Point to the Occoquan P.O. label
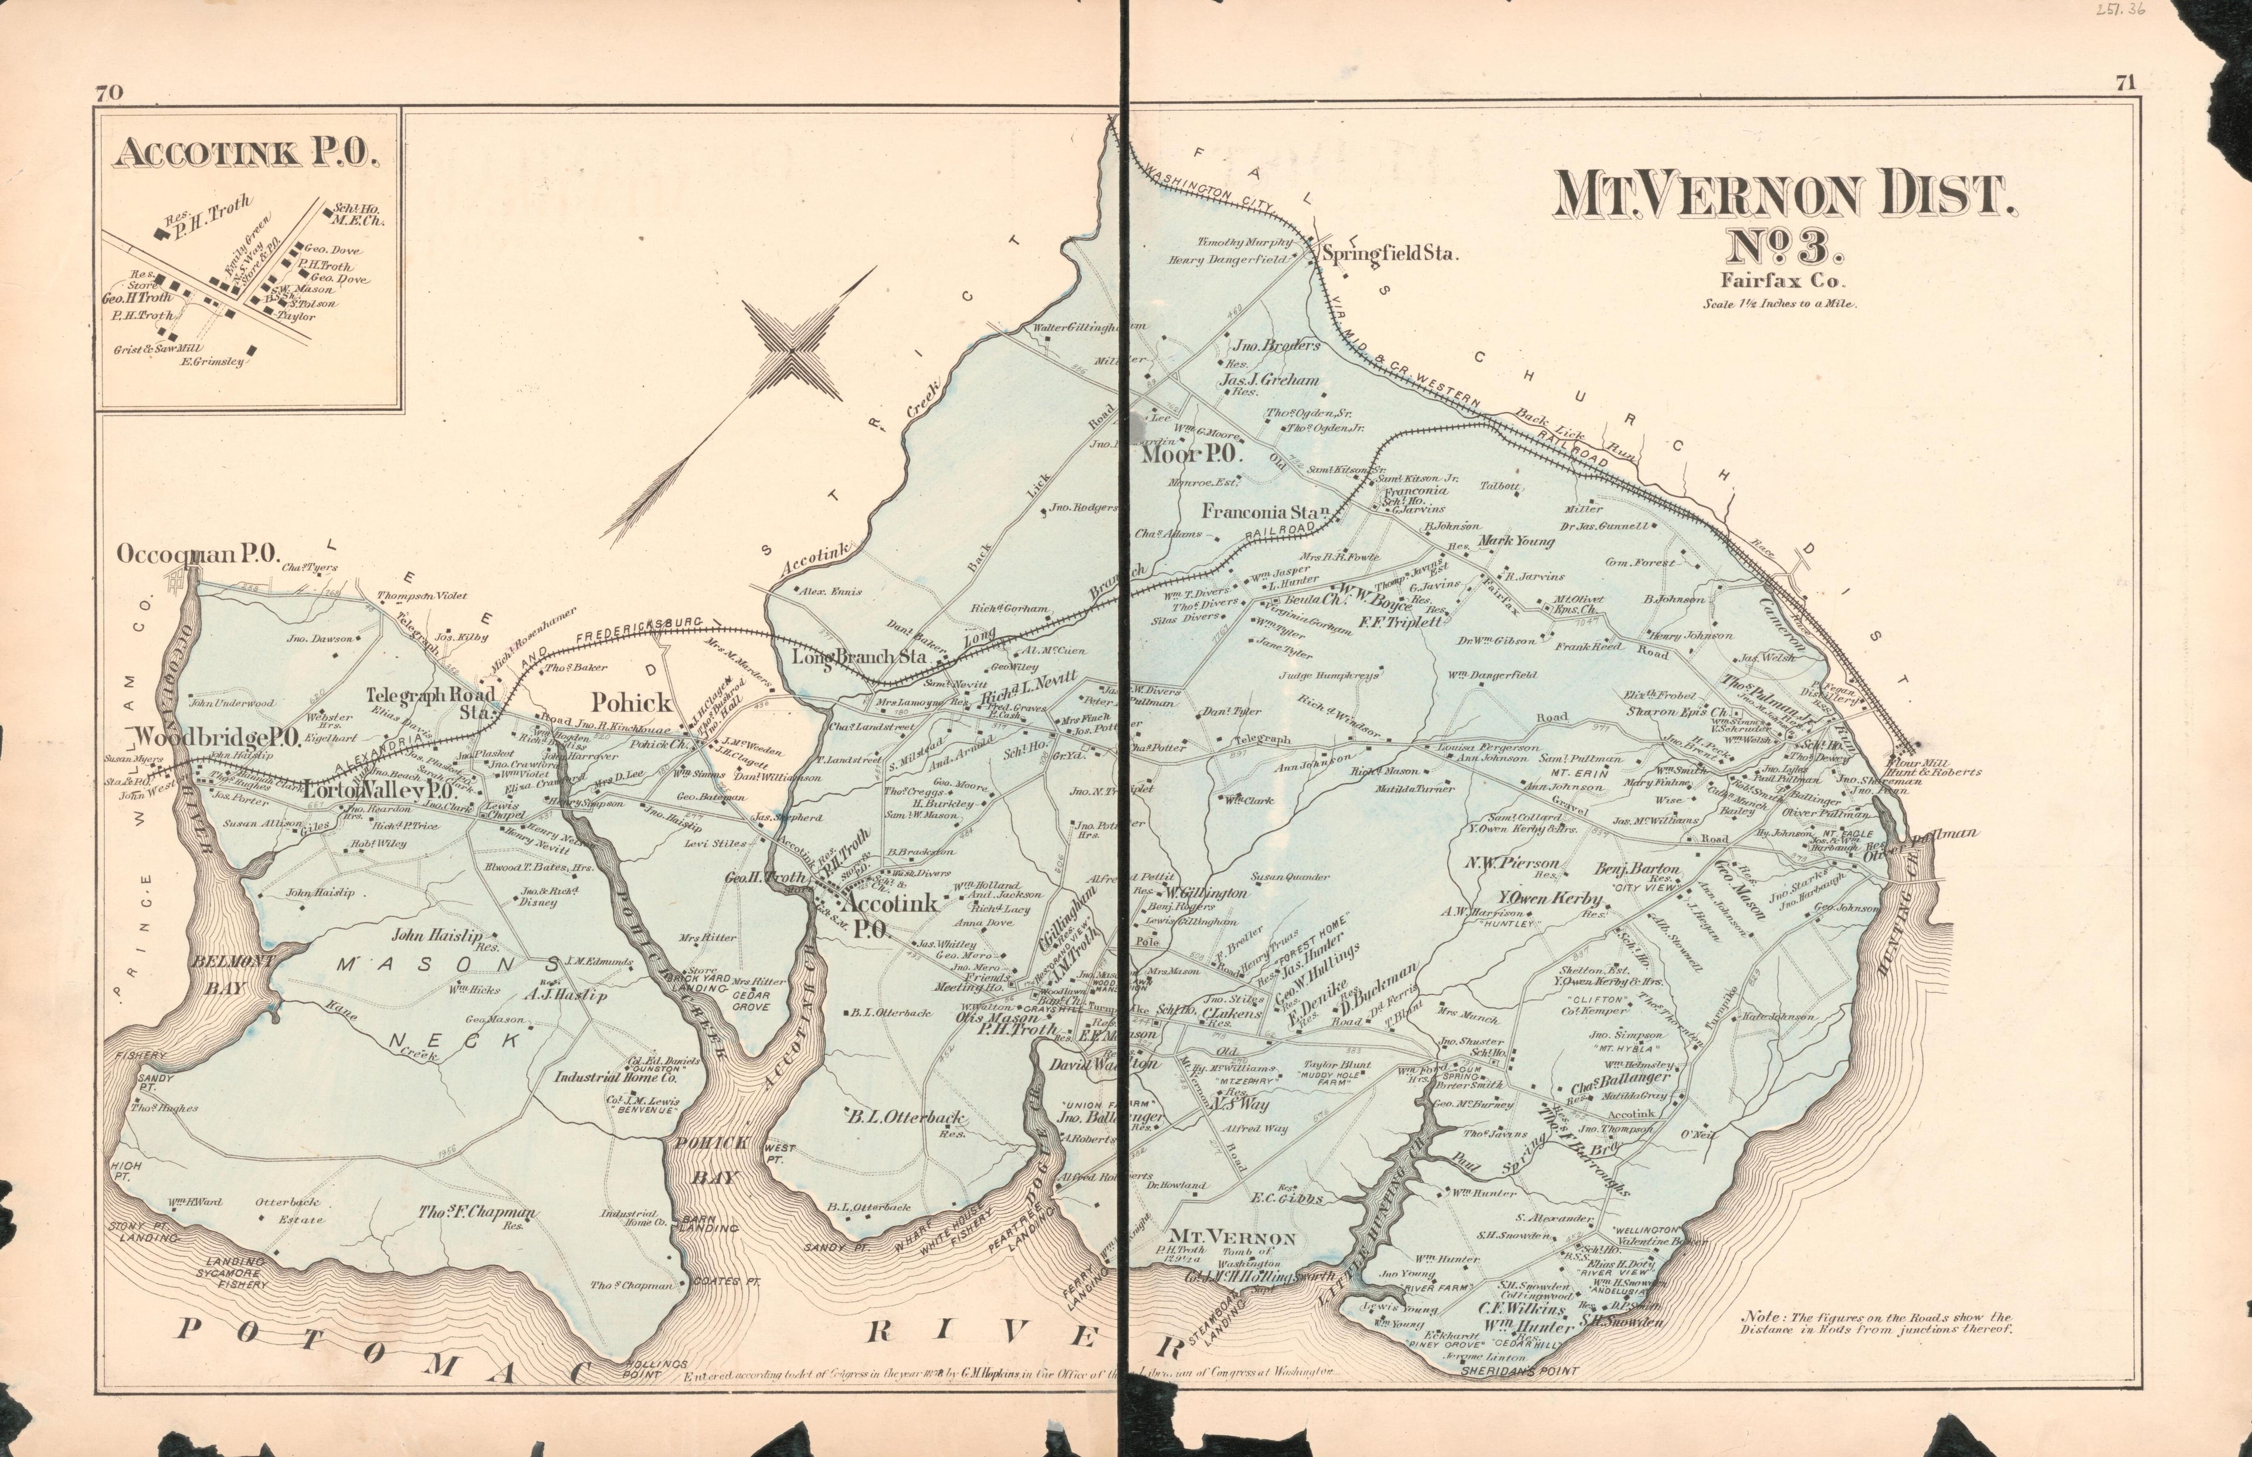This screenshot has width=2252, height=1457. pos(196,555)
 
